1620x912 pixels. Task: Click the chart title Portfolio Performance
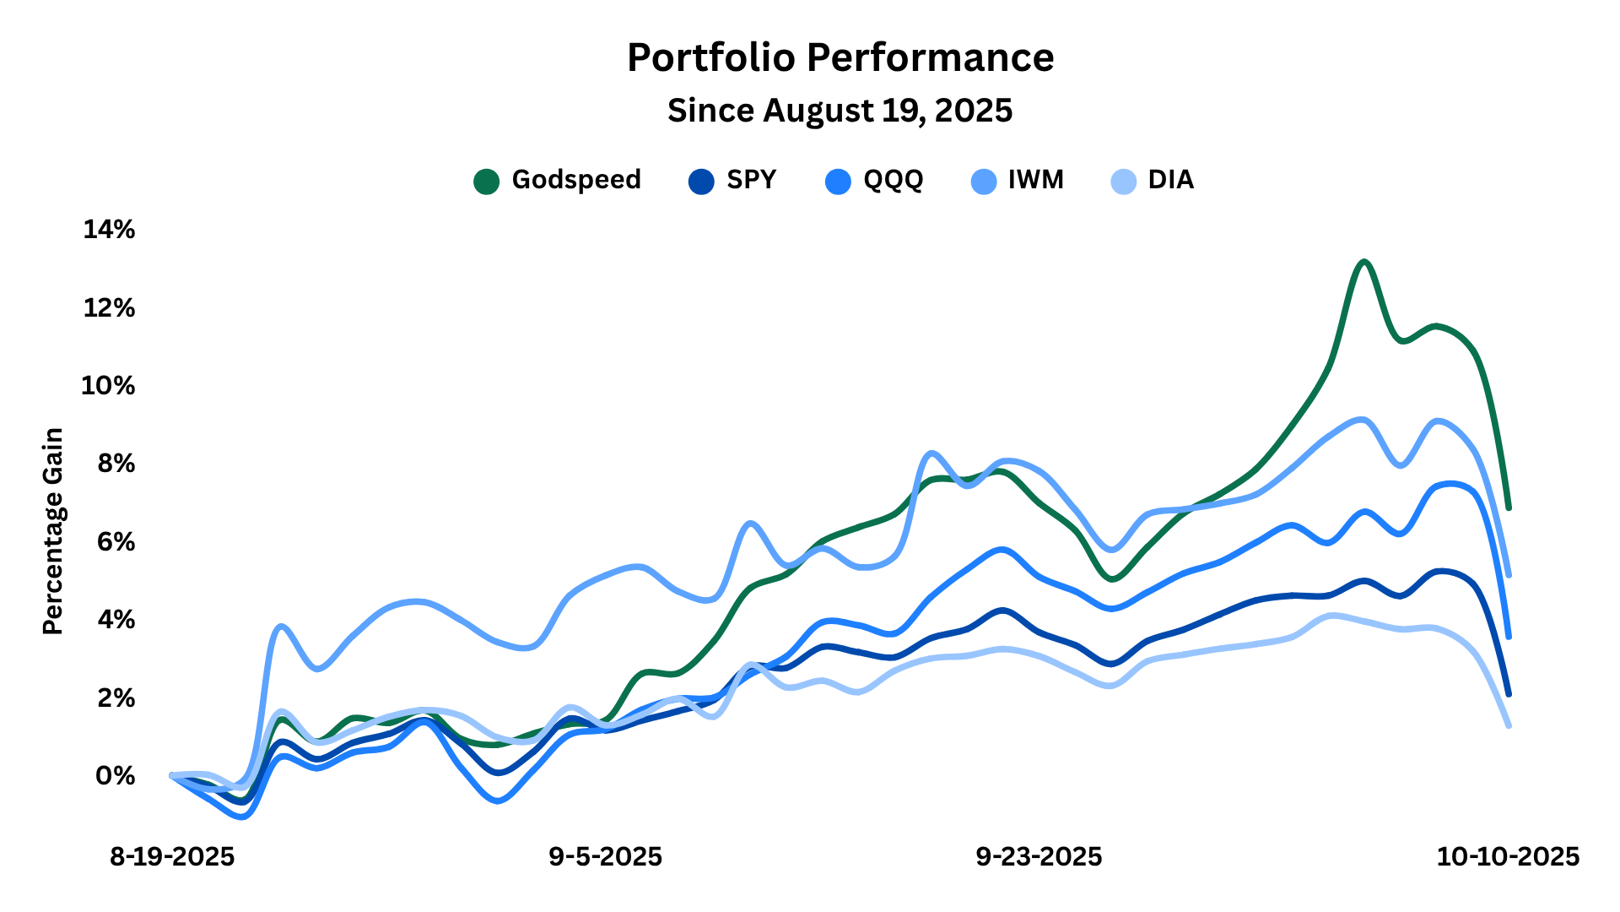pyautogui.click(x=840, y=58)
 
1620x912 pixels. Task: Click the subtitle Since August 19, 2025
pyautogui.click(x=840, y=111)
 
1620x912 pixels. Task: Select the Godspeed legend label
pyautogui.click(x=576, y=180)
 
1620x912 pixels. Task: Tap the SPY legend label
pyautogui.click(x=751, y=180)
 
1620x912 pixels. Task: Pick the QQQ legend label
pyautogui.click(x=893, y=180)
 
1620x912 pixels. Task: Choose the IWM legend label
pyautogui.click(x=1035, y=180)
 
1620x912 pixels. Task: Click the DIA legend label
pyautogui.click(x=1170, y=180)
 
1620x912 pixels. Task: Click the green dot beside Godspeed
pyautogui.click(x=487, y=181)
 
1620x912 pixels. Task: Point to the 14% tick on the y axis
pyautogui.click(x=109, y=230)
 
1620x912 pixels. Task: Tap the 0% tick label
pyautogui.click(x=115, y=776)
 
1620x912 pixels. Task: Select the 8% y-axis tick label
pyautogui.click(x=115, y=464)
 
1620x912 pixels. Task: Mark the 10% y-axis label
pyautogui.click(x=108, y=386)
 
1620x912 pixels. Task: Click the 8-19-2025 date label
pyautogui.click(x=172, y=857)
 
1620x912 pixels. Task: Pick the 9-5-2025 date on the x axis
pyautogui.click(x=605, y=857)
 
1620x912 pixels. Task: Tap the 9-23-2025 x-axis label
pyautogui.click(x=1039, y=857)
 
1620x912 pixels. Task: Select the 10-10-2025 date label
pyautogui.click(x=1508, y=857)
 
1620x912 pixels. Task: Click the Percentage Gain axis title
pyautogui.click(x=53, y=531)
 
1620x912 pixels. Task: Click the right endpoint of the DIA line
pyautogui.click(x=1508, y=725)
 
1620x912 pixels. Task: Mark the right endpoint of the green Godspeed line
pyautogui.click(x=1508, y=508)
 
